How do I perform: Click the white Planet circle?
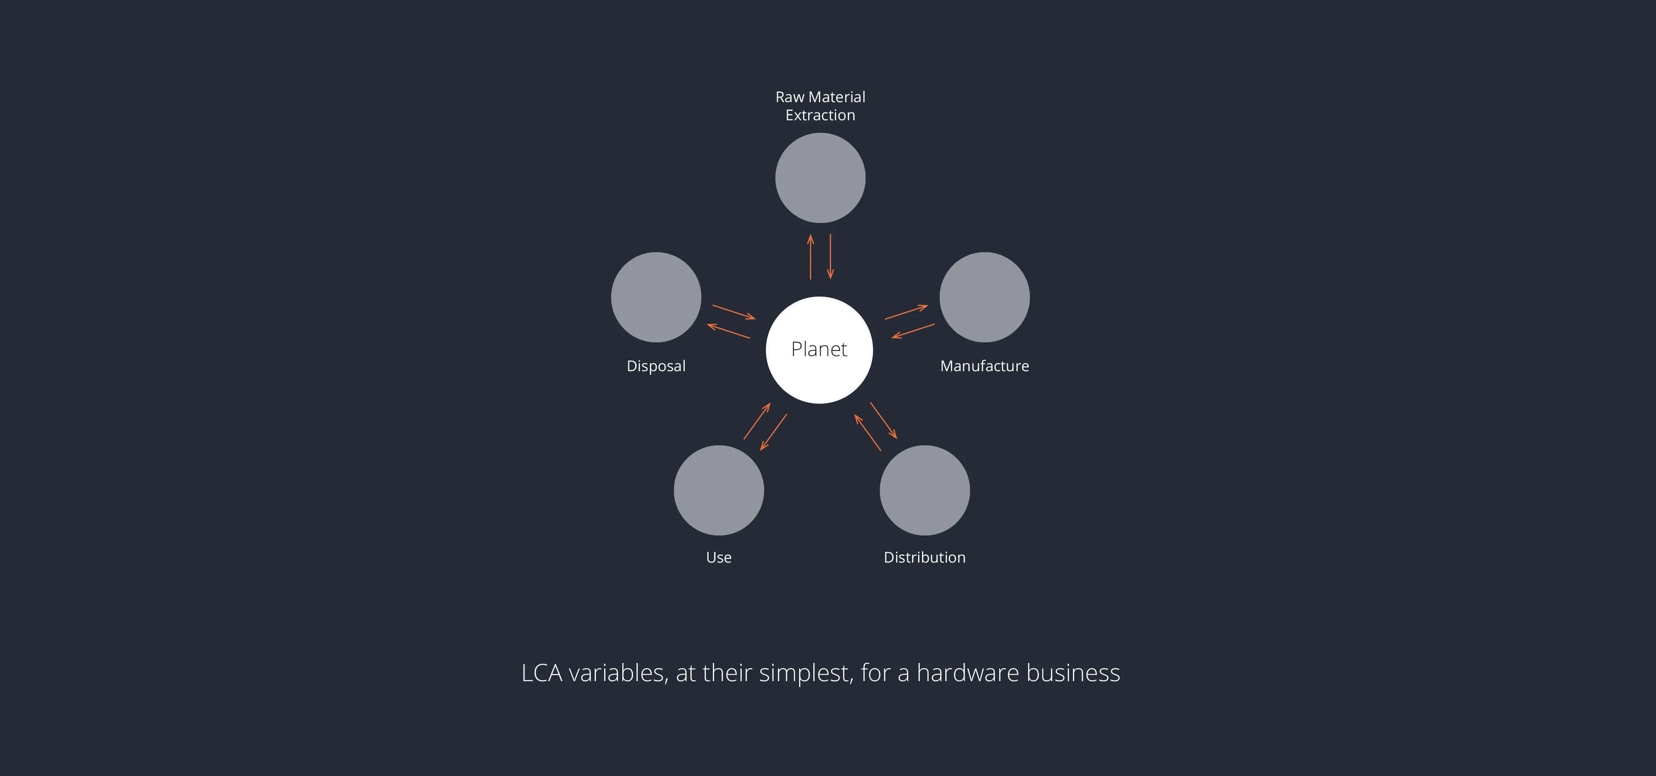coord(819,350)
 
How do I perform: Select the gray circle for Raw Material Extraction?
coord(820,178)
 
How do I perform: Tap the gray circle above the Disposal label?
coord(655,297)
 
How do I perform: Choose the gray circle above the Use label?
coord(719,490)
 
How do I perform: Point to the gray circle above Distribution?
coord(925,490)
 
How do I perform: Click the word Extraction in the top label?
coord(820,115)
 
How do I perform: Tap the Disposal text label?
coord(655,366)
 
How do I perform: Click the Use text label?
coord(719,557)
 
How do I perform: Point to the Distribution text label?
coord(925,557)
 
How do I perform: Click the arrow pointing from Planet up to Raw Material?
coord(811,257)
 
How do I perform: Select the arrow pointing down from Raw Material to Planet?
coord(831,257)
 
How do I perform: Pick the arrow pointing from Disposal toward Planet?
coord(734,312)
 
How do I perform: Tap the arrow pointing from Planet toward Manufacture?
coord(906,312)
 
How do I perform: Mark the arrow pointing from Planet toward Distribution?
coord(883,421)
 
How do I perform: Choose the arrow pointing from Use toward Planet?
coord(757,421)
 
